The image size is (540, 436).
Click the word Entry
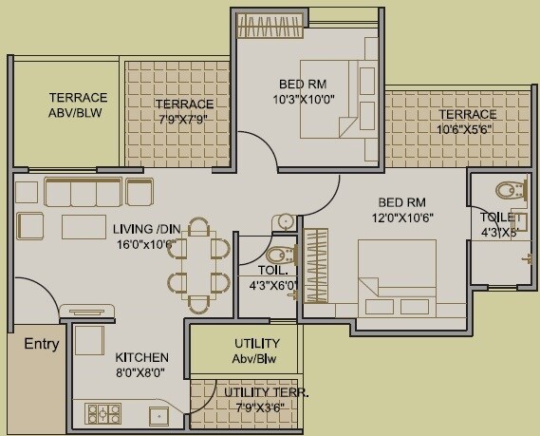[41, 344]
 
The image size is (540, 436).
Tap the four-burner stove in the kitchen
[103, 413]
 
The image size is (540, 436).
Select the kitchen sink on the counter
[158, 414]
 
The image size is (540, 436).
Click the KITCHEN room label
[141, 357]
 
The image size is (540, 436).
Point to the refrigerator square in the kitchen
[88, 341]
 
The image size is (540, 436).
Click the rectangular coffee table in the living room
[84, 227]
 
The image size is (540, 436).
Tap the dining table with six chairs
[200, 265]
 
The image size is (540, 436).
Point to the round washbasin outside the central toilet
[284, 222]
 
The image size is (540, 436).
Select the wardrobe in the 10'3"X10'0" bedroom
[272, 21]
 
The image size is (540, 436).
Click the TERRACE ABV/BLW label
[78, 104]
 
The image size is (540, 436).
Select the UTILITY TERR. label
[266, 391]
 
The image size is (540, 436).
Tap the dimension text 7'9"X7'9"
[184, 119]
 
